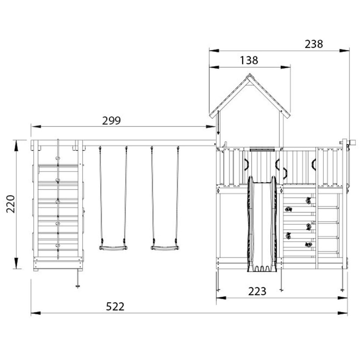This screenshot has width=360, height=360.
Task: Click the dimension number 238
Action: click(x=314, y=44)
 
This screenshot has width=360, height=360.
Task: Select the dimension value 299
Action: click(x=111, y=121)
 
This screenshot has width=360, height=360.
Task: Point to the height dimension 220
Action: click(x=11, y=204)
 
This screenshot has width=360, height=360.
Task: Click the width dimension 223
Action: click(x=257, y=291)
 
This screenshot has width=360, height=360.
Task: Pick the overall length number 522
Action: click(x=115, y=307)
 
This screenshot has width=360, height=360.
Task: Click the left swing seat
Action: click(x=113, y=248)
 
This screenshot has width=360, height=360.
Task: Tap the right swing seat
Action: click(x=165, y=248)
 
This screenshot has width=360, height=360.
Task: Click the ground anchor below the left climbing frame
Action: click(x=78, y=285)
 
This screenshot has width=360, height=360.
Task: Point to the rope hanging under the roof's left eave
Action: click(x=218, y=123)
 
